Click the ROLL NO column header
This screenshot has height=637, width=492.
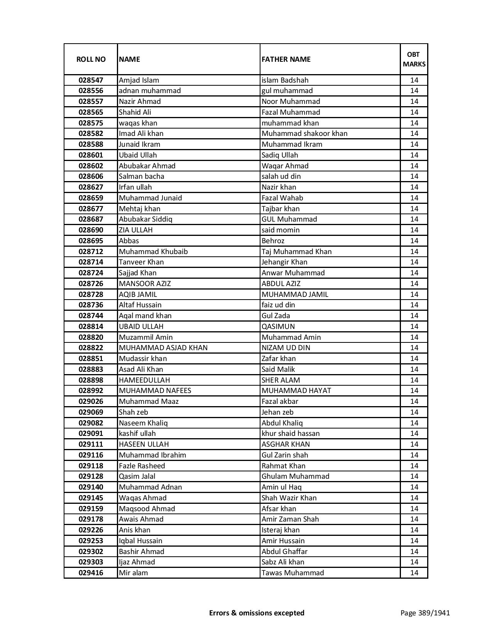91,59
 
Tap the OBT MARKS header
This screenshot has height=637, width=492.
414,59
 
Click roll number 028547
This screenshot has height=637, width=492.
91,80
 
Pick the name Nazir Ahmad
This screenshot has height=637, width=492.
140,102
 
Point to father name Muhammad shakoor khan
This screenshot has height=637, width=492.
304,134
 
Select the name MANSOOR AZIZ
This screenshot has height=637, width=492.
145,283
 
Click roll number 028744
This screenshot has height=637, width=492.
91,316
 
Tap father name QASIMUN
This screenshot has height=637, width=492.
278,326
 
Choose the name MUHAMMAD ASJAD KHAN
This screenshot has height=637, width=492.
163,348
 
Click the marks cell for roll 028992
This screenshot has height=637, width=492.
414,391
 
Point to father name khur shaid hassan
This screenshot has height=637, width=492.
291,434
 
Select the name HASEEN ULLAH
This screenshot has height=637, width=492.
144,444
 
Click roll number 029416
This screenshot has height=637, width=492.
91,573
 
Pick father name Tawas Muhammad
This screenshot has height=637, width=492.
293,573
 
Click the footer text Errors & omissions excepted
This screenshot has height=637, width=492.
257,613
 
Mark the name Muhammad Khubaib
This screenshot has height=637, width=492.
153,251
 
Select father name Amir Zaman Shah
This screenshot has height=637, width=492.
290,519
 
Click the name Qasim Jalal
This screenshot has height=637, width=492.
137,476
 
